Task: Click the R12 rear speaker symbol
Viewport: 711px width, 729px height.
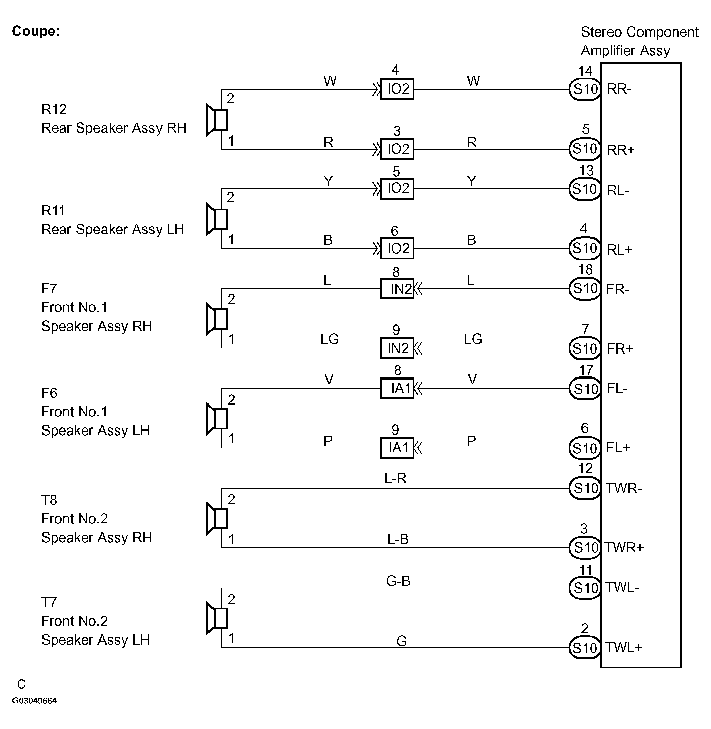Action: pyautogui.click(x=217, y=120)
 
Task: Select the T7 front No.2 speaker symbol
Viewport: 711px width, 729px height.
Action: pyautogui.click(x=217, y=619)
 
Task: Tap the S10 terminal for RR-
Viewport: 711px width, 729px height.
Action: pyautogui.click(x=585, y=89)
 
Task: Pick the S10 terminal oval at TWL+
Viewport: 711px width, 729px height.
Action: pyautogui.click(x=585, y=648)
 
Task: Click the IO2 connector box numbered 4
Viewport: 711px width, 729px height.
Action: pyautogui.click(x=397, y=89)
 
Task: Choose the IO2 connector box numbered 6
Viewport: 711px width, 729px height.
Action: pyautogui.click(x=397, y=248)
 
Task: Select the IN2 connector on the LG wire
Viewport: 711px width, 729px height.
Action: pyautogui.click(x=397, y=348)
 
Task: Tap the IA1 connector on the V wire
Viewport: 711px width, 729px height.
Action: pyautogui.click(x=397, y=388)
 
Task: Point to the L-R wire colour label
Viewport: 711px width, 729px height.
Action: pyautogui.click(x=395, y=478)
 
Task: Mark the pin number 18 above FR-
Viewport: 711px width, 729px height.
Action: pyautogui.click(x=585, y=269)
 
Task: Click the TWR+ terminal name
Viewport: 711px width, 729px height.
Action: pyautogui.click(x=624, y=548)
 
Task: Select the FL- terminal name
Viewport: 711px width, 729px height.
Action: pyautogui.click(x=617, y=389)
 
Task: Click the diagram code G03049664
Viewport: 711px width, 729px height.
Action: pyautogui.click(x=34, y=701)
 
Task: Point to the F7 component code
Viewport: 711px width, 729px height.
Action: pyautogui.click(x=49, y=289)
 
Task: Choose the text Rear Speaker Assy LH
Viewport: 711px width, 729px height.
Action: pyautogui.click(x=112, y=229)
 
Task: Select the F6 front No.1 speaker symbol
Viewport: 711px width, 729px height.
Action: pyautogui.click(x=217, y=419)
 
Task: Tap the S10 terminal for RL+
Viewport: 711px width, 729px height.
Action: pyautogui.click(x=585, y=248)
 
